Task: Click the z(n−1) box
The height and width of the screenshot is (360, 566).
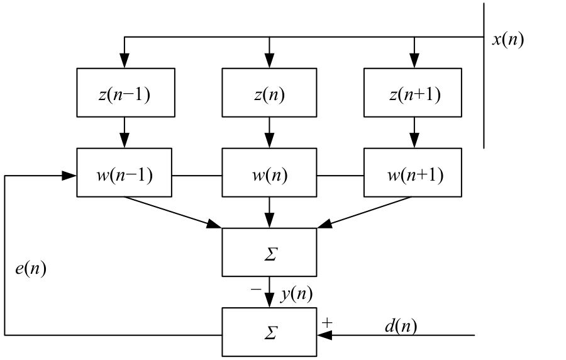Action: tap(124, 93)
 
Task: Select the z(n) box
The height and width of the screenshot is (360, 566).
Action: tap(269, 93)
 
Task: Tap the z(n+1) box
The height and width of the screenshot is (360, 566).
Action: tap(413, 93)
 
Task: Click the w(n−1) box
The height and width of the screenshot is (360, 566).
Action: tap(124, 172)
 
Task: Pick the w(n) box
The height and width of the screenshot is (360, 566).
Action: tap(269, 172)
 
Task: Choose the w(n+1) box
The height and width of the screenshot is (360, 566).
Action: tap(413, 172)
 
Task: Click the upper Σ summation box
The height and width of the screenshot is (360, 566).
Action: tap(269, 252)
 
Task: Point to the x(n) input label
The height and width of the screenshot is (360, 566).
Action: tap(507, 40)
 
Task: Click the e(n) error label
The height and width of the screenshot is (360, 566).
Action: tap(30, 269)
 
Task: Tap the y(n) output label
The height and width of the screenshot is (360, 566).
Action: tap(296, 293)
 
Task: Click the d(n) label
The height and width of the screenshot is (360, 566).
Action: tap(401, 325)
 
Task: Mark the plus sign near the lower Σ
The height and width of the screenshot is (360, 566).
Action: tap(327, 323)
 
